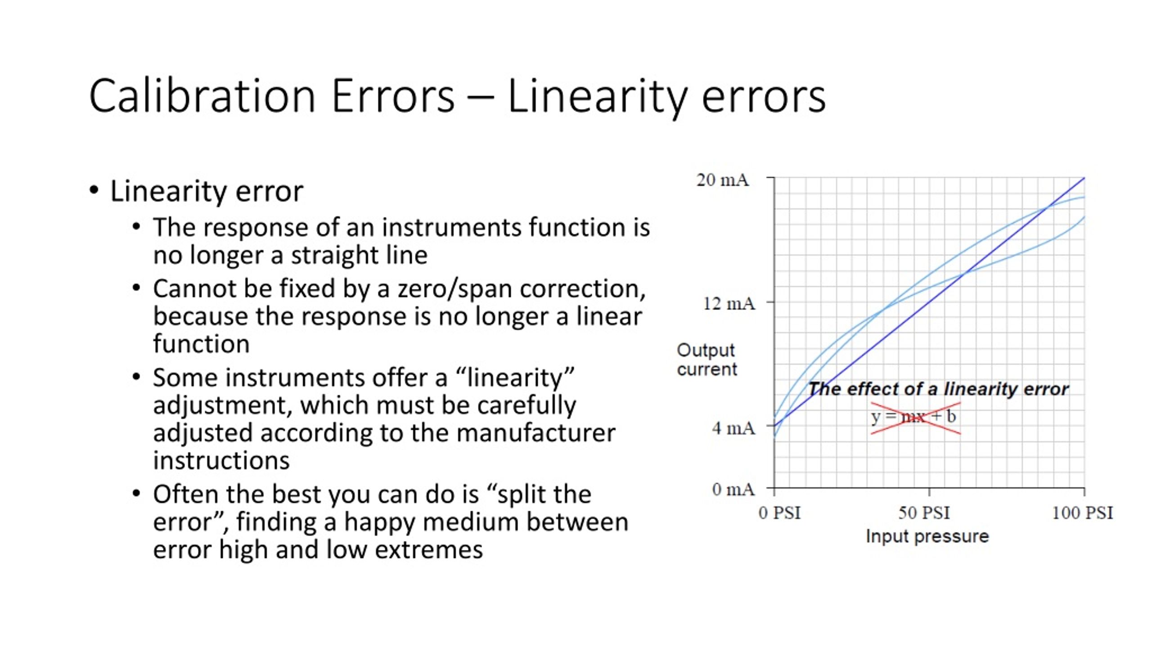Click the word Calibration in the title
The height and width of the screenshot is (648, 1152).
coord(202,96)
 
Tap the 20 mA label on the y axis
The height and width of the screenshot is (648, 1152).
coord(723,180)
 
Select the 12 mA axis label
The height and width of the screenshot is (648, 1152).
coord(729,304)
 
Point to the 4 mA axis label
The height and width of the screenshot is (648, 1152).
coord(733,428)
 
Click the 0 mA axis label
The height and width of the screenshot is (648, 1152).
coord(733,489)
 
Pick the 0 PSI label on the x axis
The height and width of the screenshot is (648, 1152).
coord(780,513)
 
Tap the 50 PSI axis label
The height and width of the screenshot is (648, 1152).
coord(924,513)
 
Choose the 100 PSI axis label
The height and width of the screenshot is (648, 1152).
coord(1082,513)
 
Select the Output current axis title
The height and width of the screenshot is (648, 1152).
coord(707,360)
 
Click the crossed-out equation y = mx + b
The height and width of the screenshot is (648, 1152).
coord(913,417)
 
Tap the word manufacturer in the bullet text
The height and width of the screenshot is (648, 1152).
coord(535,433)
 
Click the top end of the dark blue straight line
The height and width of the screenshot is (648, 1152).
coord(1084,178)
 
